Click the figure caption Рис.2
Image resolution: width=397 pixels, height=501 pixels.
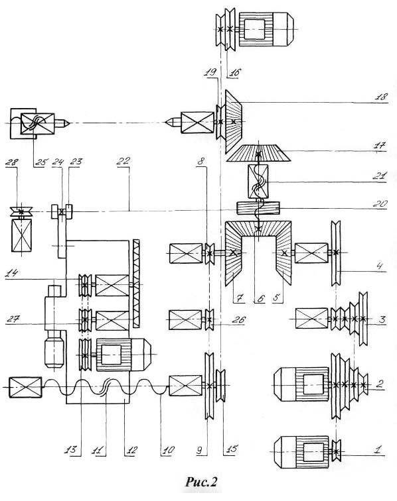coord(201,481)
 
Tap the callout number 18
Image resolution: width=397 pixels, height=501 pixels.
coord(381,97)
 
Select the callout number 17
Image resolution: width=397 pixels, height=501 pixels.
coord(381,146)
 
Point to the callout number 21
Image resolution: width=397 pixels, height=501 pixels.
coord(381,176)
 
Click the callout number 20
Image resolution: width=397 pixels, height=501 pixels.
coord(381,203)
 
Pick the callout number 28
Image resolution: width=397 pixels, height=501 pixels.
coord(11,161)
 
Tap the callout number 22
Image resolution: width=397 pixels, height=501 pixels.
coord(123,160)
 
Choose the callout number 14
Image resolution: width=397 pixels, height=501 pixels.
coord(12,273)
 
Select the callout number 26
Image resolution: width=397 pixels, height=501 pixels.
coord(238,319)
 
